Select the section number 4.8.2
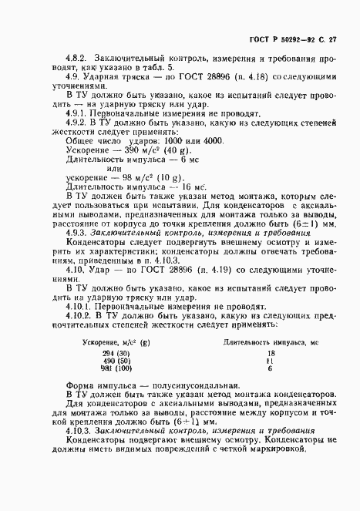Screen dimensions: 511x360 [76, 57]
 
